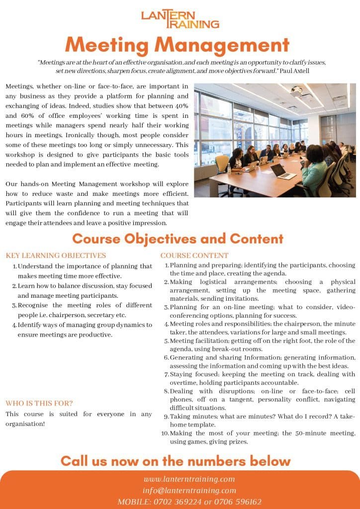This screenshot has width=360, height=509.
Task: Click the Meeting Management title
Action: (x=177, y=45)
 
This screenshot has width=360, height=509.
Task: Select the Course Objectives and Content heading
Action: (x=178, y=239)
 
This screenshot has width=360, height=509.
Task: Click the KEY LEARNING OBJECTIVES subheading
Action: (x=56, y=255)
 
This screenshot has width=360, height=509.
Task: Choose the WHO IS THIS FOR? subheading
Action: (x=39, y=403)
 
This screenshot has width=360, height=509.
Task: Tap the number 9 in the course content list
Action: (x=167, y=417)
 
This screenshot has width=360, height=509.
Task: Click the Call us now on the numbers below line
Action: (x=175, y=460)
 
